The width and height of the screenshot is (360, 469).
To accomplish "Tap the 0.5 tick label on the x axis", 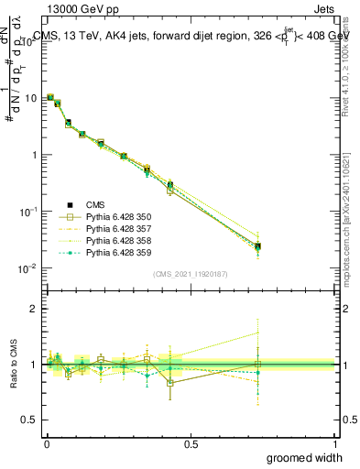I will tap(191, 444).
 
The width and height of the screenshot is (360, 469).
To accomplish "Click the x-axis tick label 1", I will tap(334, 444).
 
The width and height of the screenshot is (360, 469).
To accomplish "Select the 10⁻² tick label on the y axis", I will tap(29, 268).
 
